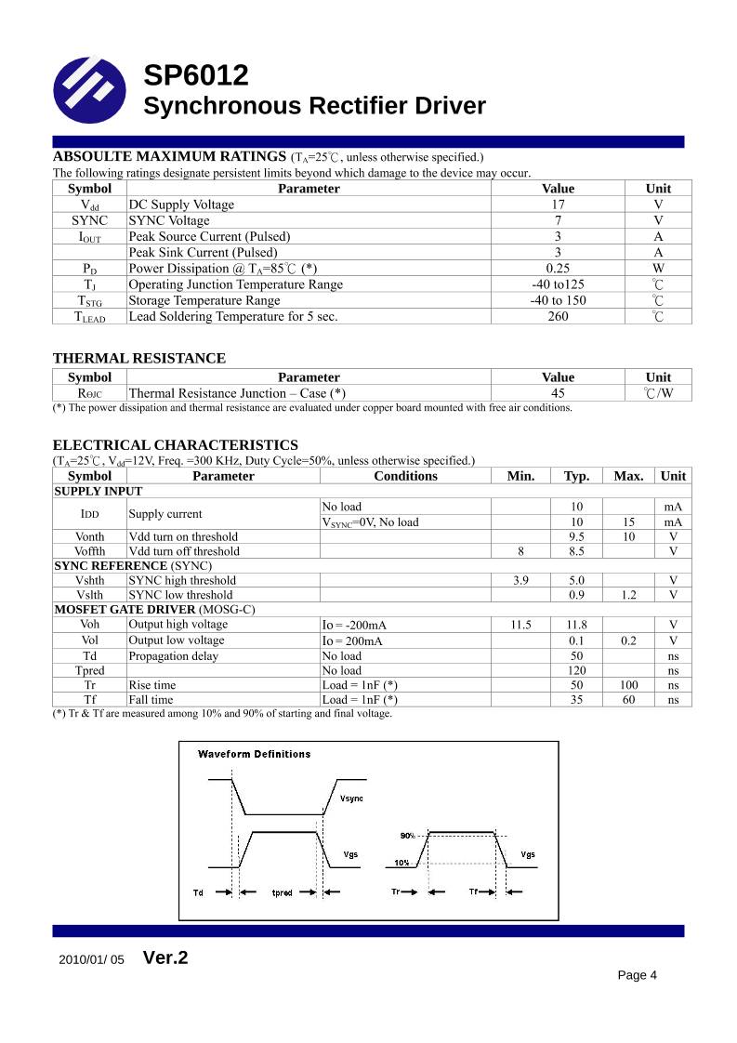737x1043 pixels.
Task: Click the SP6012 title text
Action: click(x=196, y=76)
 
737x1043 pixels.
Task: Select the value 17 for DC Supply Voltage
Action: click(x=558, y=205)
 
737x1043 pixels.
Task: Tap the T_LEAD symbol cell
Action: click(x=90, y=317)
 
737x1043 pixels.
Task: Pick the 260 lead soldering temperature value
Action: click(x=558, y=317)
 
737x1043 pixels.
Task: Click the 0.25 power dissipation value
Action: click(x=558, y=269)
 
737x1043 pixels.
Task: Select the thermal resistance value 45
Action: click(x=558, y=393)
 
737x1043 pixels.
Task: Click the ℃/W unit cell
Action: click(x=658, y=393)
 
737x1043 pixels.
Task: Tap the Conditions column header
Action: click(x=405, y=476)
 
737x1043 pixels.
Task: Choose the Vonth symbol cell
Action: click(x=90, y=536)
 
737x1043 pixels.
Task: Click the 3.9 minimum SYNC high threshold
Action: click(x=521, y=580)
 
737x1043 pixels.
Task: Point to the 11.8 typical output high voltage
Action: click(x=576, y=626)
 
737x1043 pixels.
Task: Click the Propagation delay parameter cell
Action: click(x=174, y=655)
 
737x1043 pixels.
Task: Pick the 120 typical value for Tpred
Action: click(x=576, y=670)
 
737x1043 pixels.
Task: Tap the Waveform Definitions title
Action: click(x=254, y=754)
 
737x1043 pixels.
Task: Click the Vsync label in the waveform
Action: click(x=351, y=799)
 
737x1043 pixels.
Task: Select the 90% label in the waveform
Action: click(x=407, y=836)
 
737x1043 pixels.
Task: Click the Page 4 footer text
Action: click(x=638, y=975)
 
